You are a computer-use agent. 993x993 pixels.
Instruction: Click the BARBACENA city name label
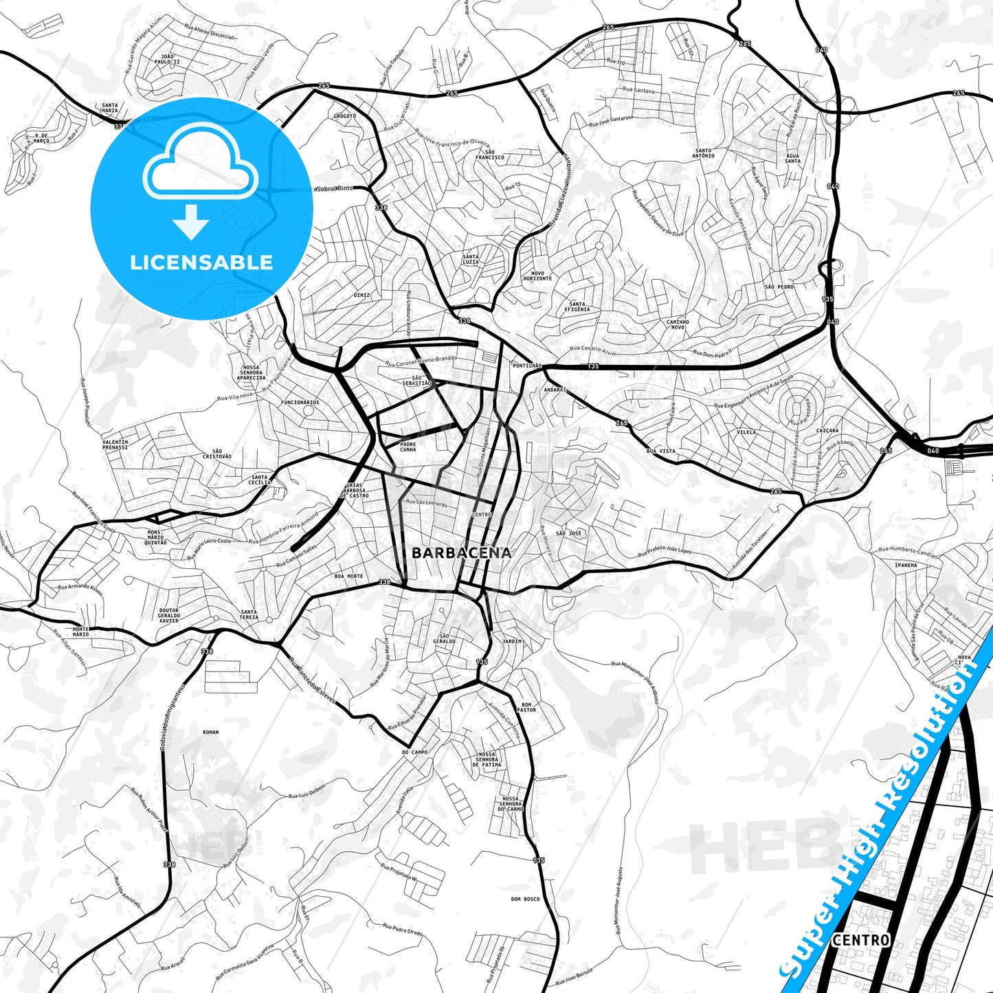pos(461,553)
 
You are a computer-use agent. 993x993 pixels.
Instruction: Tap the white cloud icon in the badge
pos(201,163)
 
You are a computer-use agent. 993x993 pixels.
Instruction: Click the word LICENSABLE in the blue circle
pos(201,262)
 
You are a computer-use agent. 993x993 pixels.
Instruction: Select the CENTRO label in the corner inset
pos(860,939)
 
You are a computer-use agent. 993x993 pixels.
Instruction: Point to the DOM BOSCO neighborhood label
pos(525,899)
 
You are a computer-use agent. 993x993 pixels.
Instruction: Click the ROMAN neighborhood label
pos(211,733)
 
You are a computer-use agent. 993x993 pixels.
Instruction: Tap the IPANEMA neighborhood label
pos(906,566)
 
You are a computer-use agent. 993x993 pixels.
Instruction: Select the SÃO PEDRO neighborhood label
pos(779,287)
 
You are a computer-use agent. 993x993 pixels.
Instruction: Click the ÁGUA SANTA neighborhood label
pos(793,159)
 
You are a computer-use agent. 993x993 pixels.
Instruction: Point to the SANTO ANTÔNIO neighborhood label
pos(704,153)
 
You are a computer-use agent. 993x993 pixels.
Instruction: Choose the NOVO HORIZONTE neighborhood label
pos(537,276)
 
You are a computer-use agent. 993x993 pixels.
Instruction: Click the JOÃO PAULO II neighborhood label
pos(166,59)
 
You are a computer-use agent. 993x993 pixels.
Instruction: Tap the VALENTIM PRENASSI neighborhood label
pos(115,445)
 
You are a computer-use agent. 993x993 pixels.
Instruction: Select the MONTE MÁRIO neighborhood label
pos(80,632)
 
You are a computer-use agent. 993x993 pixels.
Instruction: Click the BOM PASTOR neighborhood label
pos(526,707)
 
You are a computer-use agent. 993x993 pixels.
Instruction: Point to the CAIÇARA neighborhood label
pos(827,431)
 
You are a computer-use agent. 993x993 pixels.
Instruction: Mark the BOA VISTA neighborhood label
pos(661,451)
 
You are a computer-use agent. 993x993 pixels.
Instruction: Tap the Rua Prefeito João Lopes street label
pos(665,551)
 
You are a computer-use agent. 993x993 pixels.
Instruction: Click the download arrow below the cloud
pos(191,221)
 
